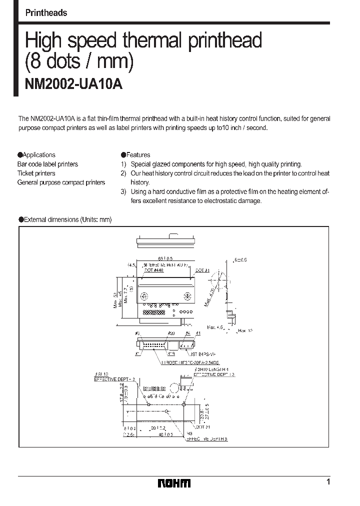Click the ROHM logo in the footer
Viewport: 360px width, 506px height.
tap(174, 483)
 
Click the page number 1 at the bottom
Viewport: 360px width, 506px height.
tap(328, 482)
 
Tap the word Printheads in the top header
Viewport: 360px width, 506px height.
tap(46, 13)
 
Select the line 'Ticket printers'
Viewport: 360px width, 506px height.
tap(36, 173)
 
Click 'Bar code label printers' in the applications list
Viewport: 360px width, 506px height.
tap(48, 164)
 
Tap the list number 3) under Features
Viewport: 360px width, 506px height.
tap(123, 191)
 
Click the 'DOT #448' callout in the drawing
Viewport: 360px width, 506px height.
tap(154, 270)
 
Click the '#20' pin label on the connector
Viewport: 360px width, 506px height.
tap(171, 333)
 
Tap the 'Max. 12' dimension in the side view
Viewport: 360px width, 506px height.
tap(245, 330)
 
